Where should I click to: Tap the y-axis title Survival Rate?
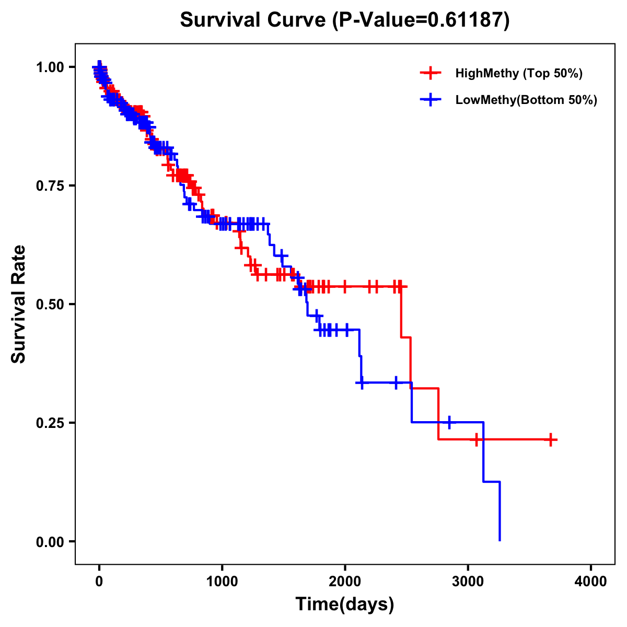click(x=19, y=304)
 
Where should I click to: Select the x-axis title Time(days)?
click(x=345, y=605)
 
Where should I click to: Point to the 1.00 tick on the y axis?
click(x=49, y=67)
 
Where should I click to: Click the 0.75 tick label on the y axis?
click(x=49, y=185)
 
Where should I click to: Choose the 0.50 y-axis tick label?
click(x=49, y=304)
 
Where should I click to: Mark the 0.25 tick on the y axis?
click(x=49, y=423)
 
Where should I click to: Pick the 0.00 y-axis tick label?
click(x=49, y=541)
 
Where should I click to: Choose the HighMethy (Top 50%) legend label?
click(x=519, y=73)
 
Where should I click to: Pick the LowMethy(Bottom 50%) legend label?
click(x=526, y=100)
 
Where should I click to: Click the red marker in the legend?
click(x=431, y=73)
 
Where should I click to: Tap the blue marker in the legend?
click(x=431, y=100)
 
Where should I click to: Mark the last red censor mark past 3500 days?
click(x=550, y=440)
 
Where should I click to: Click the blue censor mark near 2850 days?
click(x=449, y=422)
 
